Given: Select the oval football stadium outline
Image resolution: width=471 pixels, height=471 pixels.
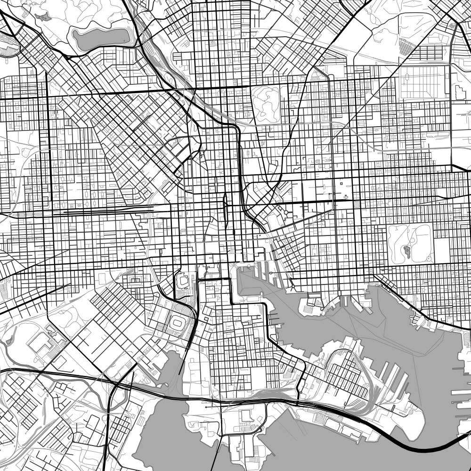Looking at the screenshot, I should click(178, 323).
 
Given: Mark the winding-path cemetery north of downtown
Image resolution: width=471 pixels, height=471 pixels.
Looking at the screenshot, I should click(266, 104).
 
